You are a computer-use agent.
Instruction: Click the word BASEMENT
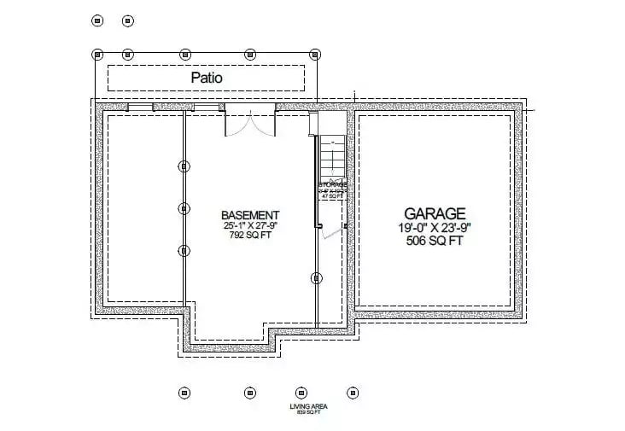pyautogui.click(x=250, y=215)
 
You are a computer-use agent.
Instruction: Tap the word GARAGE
pyautogui.click(x=435, y=213)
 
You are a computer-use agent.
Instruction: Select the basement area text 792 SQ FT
pyautogui.click(x=250, y=236)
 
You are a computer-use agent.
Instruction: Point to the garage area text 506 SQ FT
pyautogui.click(x=435, y=241)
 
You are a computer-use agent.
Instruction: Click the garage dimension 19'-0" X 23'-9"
pyautogui.click(x=435, y=228)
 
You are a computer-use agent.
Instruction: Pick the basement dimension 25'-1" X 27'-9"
pyautogui.click(x=250, y=226)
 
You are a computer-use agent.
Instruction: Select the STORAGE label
pyautogui.click(x=332, y=183)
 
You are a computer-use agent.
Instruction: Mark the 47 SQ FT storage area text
pyautogui.click(x=331, y=195)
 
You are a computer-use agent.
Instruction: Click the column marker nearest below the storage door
pyautogui.click(x=317, y=278)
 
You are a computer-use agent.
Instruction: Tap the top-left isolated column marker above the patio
pyautogui.click(x=96, y=20)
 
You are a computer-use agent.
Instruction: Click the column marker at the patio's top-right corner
pyautogui.click(x=317, y=54)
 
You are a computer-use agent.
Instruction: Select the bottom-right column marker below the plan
pyautogui.click(x=352, y=393)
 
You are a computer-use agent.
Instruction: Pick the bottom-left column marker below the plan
pyautogui.click(x=184, y=393)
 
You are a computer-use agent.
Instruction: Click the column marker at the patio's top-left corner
pyautogui.click(x=96, y=54)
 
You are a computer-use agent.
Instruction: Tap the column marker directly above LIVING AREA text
pyautogui.click(x=301, y=393)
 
